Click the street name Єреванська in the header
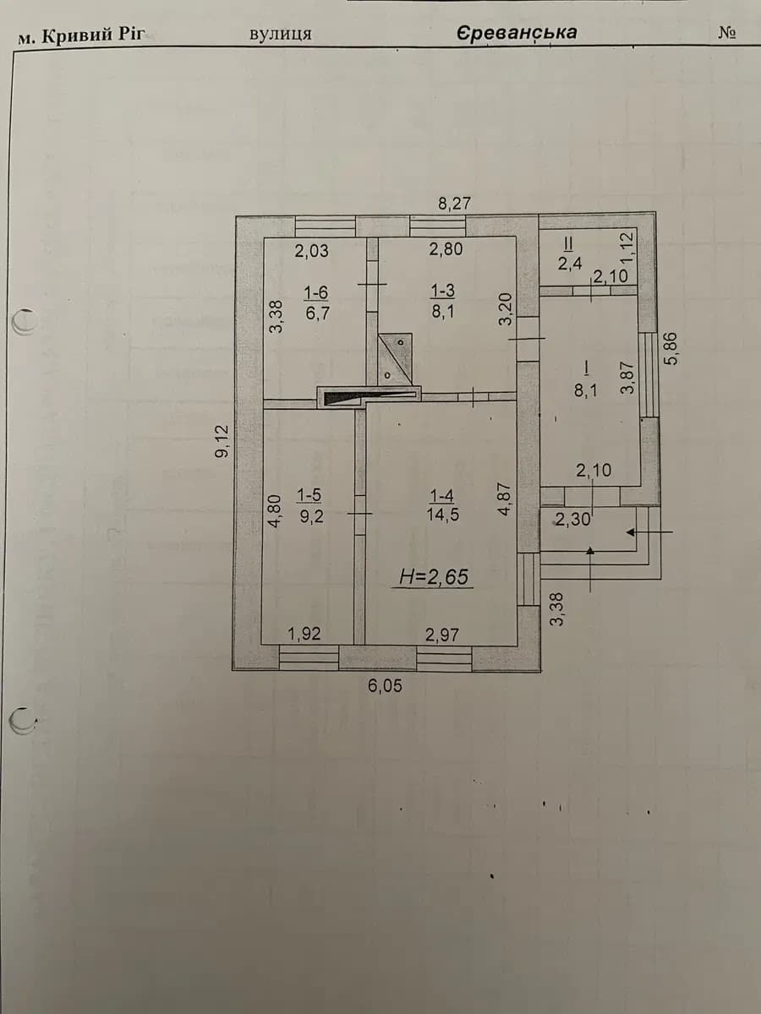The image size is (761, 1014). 517,33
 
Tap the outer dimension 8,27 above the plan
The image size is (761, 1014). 454,204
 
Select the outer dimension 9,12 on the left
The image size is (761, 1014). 222,441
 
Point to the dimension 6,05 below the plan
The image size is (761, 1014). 385,686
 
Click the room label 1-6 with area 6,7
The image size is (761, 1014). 317,303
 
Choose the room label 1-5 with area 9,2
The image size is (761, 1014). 310,506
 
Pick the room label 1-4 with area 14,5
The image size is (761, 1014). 442,505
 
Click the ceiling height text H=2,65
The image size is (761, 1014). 434,577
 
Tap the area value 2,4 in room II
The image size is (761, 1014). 570,264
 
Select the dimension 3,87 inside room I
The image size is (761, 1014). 627,377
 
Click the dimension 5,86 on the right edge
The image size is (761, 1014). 672,349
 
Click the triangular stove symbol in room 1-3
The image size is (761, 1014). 395,358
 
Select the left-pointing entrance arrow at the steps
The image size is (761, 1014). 649,532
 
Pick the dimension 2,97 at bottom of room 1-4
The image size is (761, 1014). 442,635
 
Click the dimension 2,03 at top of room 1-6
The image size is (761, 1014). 312,251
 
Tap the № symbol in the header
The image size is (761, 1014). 727,33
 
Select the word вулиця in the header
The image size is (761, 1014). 281,34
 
